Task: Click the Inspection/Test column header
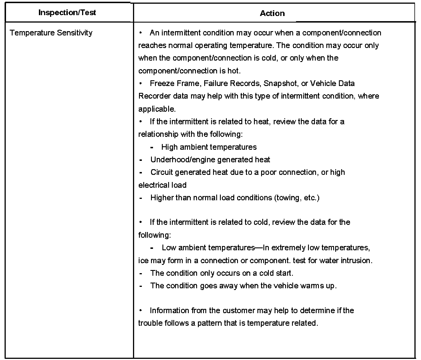pos(67,13)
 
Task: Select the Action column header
pos(272,13)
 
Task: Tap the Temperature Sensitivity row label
pos(51,33)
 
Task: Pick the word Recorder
pos(154,96)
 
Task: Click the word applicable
pos(157,109)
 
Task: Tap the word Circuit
pos(161,172)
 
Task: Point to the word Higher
pos(162,198)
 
